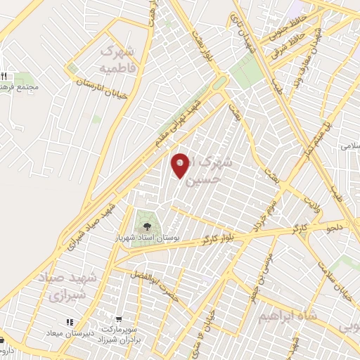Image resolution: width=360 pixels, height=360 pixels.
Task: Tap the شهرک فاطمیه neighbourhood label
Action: click(x=116, y=60)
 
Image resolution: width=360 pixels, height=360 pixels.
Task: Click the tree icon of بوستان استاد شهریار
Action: click(x=147, y=226)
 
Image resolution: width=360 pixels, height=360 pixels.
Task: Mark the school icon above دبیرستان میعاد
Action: click(x=70, y=322)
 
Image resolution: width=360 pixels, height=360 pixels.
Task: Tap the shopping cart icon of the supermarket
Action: click(x=120, y=319)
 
